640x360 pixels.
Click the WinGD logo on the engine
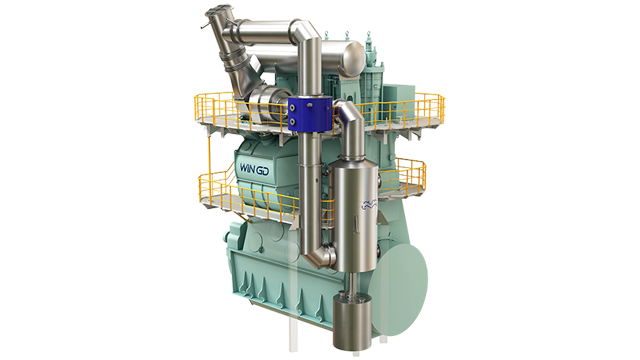tap(254, 169)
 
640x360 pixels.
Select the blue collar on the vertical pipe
tap(309, 115)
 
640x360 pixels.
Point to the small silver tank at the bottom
tap(353, 322)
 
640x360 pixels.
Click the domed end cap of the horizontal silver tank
tap(354, 57)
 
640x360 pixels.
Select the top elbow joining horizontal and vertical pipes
tap(305, 32)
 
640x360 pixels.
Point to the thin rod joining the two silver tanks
tap(352, 282)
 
